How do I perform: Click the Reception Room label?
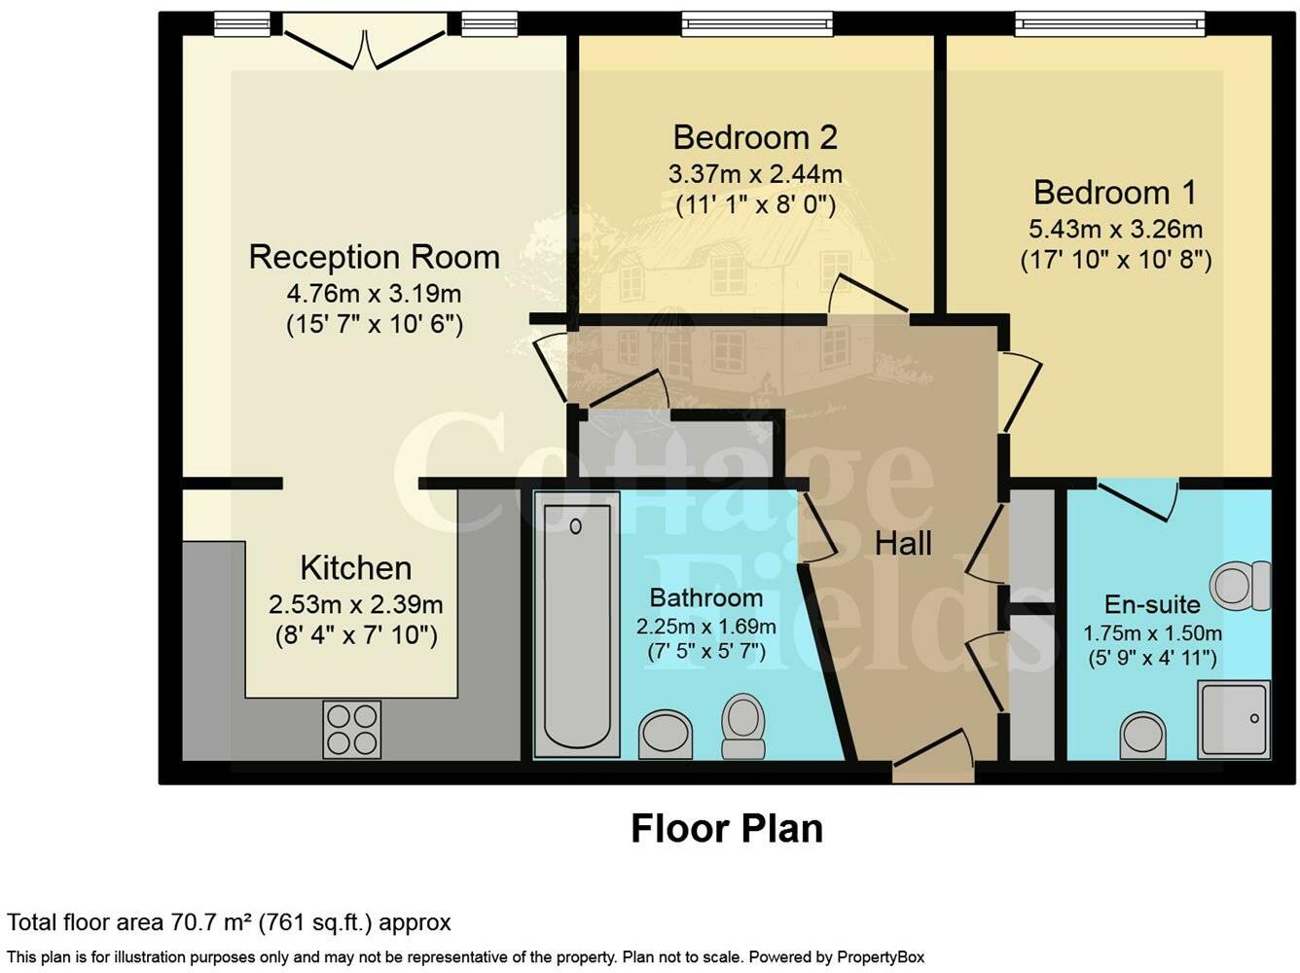[374, 257]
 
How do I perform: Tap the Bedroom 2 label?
[755, 137]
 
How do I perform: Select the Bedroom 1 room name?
[1114, 193]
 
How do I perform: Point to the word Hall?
[903, 543]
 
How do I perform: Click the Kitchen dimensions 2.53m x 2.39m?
[355, 604]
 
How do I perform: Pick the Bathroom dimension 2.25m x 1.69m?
[706, 626]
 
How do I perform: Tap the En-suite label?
[1152, 604]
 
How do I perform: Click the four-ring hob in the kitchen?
[351, 729]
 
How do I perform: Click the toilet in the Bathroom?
[742, 726]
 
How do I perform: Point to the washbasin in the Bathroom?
[666, 735]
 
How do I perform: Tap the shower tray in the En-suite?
[1234, 719]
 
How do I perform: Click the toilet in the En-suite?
[1241, 586]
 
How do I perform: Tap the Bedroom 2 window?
[757, 23]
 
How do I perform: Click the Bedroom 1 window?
[1110, 23]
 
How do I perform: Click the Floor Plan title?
[727, 828]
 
